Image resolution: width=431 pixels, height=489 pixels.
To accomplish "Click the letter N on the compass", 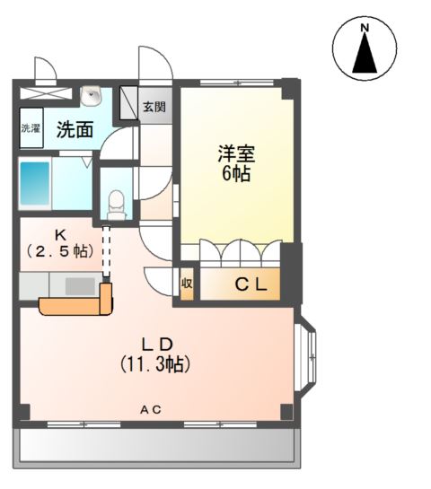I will pos(365,29).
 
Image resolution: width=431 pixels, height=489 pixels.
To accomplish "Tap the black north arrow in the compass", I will pos(365,56).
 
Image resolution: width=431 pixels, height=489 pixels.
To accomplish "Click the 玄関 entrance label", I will pos(154,107).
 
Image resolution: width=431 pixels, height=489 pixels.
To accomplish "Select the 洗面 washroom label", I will pos(75,129).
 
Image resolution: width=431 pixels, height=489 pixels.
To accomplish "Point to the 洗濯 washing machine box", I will pos(31,127).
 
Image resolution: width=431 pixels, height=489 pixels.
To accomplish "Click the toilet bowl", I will pos(115,202).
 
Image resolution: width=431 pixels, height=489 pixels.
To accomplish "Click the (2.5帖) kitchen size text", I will pos(60,251).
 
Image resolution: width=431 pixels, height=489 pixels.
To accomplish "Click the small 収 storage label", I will pos(187,284).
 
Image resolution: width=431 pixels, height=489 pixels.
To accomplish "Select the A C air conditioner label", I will pos(150,410).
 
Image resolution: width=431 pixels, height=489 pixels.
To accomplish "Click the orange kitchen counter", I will pos(76,306).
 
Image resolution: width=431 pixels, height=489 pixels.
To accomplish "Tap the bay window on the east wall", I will pos(306,356).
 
